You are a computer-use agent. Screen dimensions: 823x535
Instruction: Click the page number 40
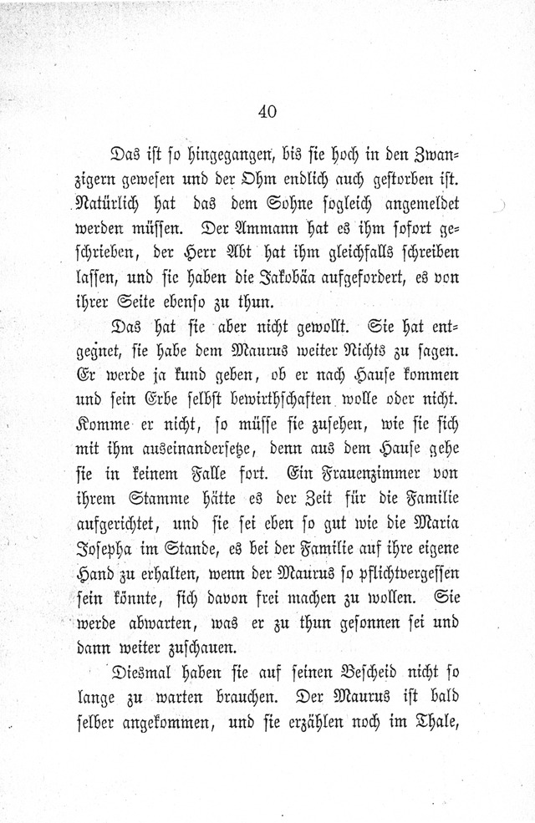coord(267,111)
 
